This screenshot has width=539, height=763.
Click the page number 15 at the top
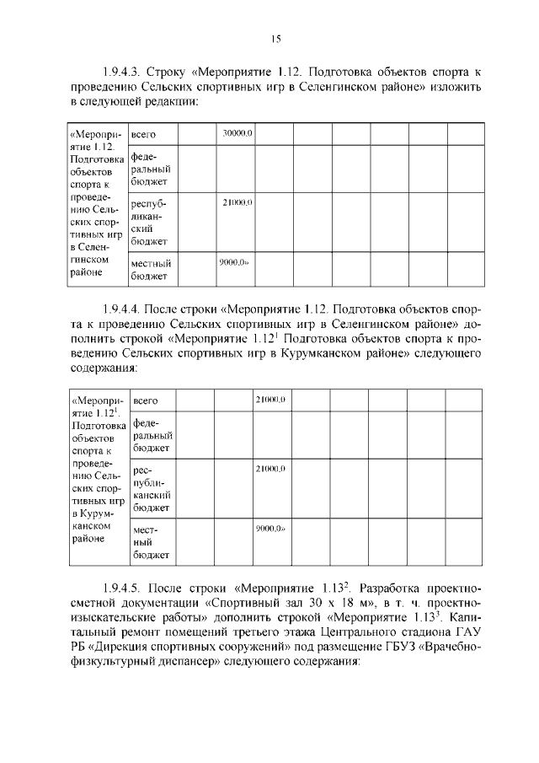(275, 38)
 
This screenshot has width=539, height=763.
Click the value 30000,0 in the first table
(238, 134)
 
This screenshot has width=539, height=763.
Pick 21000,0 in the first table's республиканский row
(238, 203)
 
